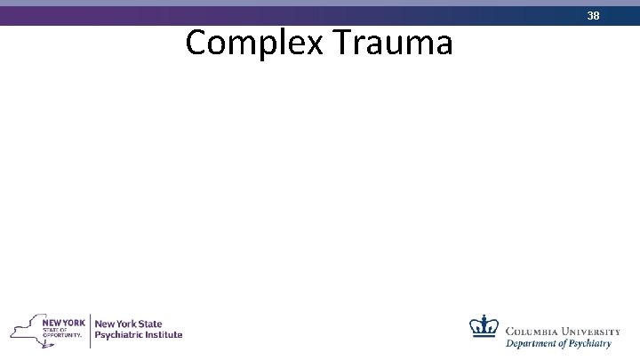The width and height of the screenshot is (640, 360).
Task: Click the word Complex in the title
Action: tap(246, 43)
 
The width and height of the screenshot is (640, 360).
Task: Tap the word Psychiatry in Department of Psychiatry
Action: tap(593, 344)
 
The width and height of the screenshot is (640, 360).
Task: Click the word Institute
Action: tap(165, 335)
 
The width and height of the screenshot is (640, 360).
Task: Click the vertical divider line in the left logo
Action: tap(90, 329)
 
